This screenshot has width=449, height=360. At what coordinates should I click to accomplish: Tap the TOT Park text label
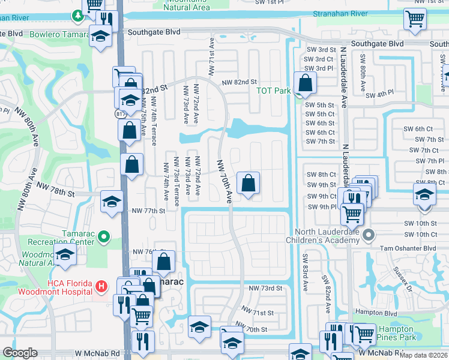tap(273, 91)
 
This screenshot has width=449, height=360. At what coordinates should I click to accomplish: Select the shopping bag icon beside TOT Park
tap(305, 83)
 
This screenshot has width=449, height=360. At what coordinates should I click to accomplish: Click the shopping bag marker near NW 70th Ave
tap(248, 183)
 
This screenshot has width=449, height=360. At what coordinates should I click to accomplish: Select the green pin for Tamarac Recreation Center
tap(104, 238)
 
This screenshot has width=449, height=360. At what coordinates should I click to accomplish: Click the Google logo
tap(20, 353)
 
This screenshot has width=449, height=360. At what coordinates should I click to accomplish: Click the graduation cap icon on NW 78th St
tap(111, 202)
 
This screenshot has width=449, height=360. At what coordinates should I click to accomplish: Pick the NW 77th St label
tap(147, 211)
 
